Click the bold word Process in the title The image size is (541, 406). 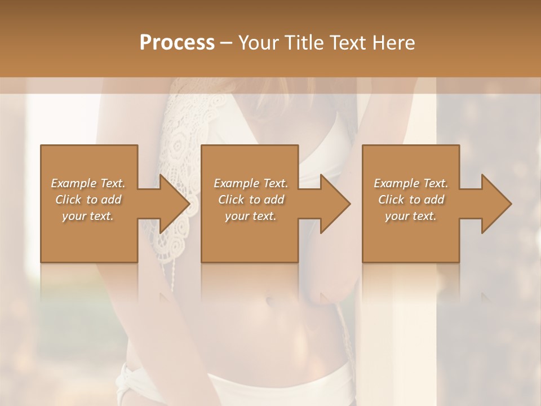(x=177, y=43)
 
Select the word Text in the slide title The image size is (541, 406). (x=346, y=43)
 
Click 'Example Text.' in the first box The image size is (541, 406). (x=88, y=183)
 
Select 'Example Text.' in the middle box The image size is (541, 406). (x=251, y=183)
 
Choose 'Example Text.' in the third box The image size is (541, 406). (x=411, y=183)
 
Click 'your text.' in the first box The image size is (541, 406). (x=88, y=216)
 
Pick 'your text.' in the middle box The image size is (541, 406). (x=251, y=216)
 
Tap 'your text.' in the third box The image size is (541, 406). (x=411, y=216)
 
